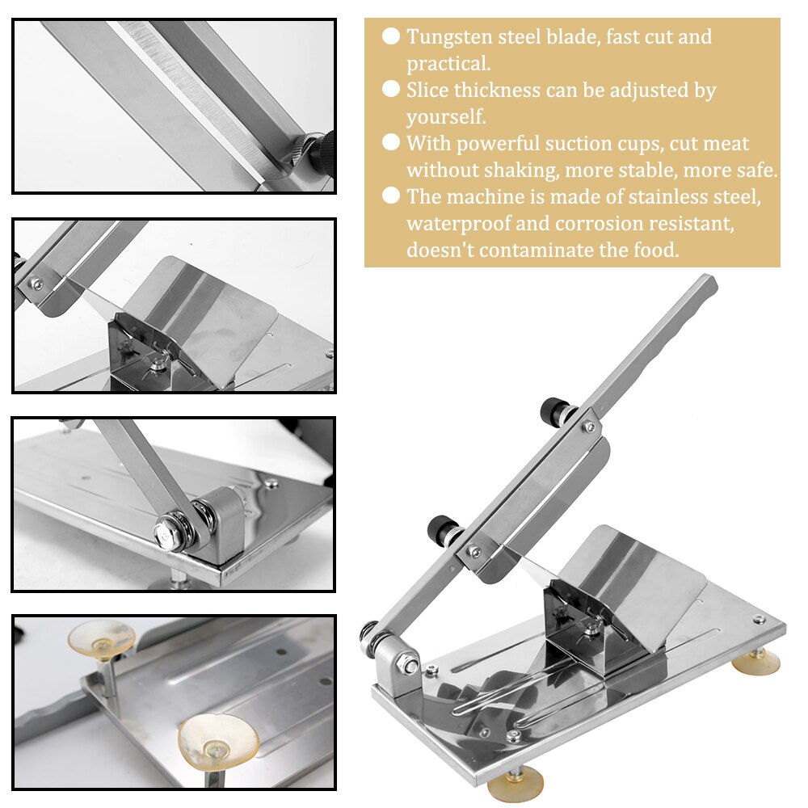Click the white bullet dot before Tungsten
click(391, 36)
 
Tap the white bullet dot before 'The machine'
click(391, 196)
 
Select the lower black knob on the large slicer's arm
click(443, 528)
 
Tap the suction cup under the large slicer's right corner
click(756, 663)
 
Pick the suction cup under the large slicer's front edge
click(515, 785)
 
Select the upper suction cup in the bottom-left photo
click(101, 638)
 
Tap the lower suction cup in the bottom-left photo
click(217, 741)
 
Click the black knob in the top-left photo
click(319, 151)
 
